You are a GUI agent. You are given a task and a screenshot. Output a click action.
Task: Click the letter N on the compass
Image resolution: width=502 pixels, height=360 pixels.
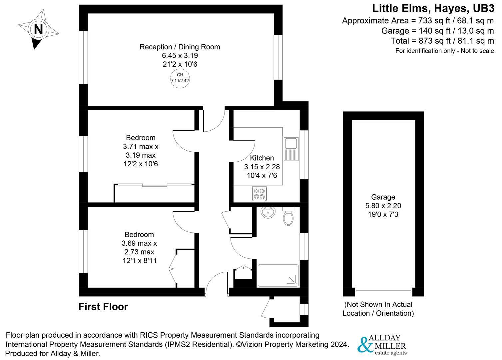(39, 30)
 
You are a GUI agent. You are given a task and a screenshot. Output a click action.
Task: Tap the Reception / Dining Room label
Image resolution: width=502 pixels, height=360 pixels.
(180, 47)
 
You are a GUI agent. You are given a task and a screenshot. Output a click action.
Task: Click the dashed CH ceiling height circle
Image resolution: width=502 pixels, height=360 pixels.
(180, 79)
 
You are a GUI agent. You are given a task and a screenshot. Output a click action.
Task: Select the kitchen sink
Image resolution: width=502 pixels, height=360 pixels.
(290, 149)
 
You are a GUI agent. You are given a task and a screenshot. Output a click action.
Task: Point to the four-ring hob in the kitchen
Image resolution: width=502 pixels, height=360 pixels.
(259, 194)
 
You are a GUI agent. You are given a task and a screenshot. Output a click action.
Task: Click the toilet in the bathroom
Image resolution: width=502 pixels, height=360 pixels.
(288, 216)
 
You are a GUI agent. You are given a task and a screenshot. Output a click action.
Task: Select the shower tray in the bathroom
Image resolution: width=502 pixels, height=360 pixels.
(278, 275)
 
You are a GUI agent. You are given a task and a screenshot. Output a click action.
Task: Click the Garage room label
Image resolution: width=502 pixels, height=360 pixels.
(383, 197)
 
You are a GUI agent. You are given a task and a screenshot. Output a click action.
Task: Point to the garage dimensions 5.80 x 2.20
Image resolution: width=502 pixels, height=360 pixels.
(383, 206)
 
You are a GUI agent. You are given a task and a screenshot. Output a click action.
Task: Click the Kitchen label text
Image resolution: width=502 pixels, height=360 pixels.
(262, 158)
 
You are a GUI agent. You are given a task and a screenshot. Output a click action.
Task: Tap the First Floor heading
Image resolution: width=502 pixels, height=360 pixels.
(103, 307)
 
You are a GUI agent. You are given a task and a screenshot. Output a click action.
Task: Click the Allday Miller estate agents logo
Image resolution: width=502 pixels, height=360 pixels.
(382, 345)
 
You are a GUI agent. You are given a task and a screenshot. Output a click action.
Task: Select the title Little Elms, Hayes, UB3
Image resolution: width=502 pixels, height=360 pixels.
(433, 8)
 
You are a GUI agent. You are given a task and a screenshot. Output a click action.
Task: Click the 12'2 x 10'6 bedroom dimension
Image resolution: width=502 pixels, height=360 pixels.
(141, 164)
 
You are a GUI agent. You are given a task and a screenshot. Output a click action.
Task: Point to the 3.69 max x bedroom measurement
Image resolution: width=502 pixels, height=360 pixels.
(141, 243)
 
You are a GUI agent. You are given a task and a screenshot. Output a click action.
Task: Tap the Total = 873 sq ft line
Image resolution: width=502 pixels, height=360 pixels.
(442, 41)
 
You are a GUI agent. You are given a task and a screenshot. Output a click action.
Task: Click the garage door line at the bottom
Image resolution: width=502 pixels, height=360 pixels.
(383, 291)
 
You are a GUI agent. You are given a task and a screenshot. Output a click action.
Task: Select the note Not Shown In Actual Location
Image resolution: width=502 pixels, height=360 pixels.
(378, 309)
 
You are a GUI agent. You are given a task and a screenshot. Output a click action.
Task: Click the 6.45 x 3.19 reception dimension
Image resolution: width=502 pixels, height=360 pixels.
(180, 55)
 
